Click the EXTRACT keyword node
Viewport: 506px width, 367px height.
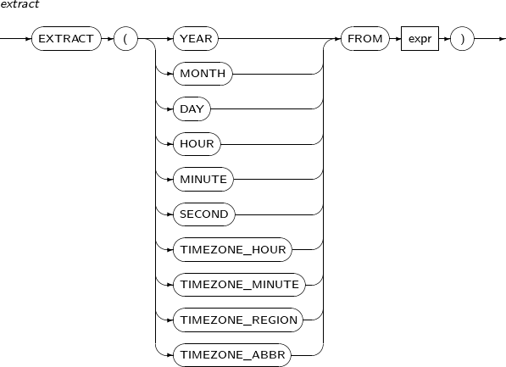[x=66, y=39]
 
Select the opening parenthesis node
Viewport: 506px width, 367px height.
[x=125, y=39]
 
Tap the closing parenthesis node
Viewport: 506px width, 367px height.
[x=462, y=39]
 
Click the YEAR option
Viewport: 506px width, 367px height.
[x=196, y=39]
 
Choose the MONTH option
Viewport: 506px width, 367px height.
[x=203, y=74]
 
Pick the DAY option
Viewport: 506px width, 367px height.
[x=192, y=108]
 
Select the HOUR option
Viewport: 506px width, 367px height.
[x=197, y=144]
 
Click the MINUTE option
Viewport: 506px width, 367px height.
[x=203, y=179]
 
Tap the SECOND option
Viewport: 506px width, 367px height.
[x=204, y=214]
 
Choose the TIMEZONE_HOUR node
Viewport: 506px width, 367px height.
[x=233, y=249]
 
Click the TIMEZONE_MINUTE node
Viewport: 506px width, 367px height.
[x=239, y=285]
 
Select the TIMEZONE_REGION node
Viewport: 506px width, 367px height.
[x=238, y=320]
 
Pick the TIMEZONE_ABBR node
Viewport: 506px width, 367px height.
[x=232, y=355]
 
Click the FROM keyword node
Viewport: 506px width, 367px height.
[x=365, y=39]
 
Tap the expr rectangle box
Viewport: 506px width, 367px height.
[x=420, y=39]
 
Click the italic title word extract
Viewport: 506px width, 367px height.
[x=19, y=4]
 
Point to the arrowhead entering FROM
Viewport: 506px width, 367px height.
[x=338, y=39]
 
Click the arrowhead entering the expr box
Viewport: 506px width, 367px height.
[x=398, y=39]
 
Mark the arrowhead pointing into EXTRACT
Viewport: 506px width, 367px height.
[x=29, y=39]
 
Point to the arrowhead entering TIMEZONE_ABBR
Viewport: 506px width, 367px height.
[x=170, y=355]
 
